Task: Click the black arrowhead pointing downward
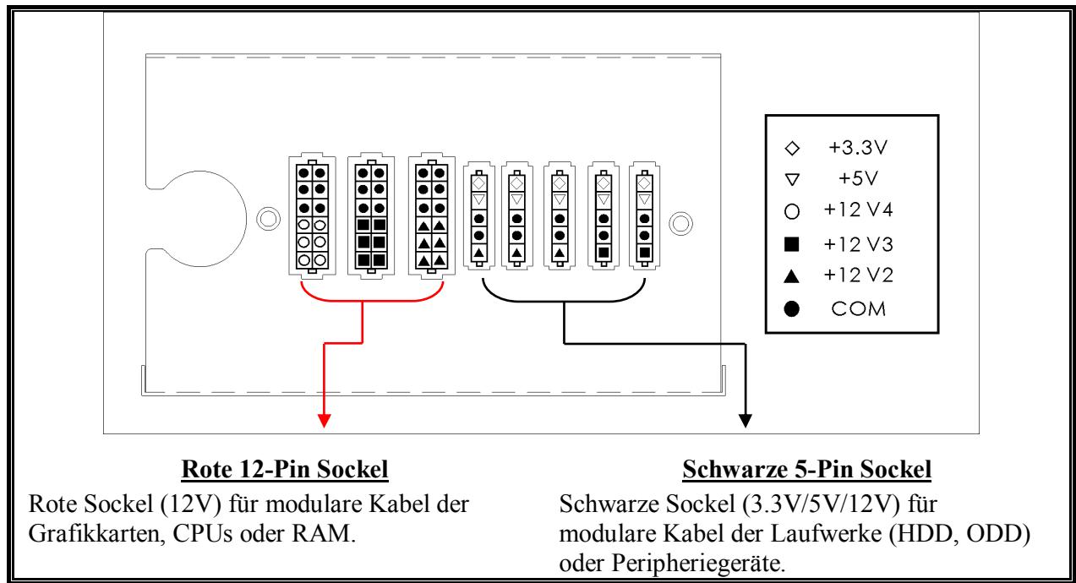(745, 416)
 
